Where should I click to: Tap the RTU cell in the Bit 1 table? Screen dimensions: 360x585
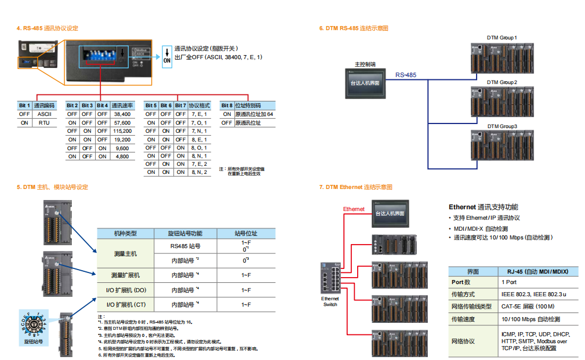pyautogui.click(x=44, y=123)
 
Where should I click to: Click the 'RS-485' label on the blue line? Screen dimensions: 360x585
pyautogui.click(x=406, y=75)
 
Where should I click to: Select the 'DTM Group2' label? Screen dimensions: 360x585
pyautogui.click(x=502, y=82)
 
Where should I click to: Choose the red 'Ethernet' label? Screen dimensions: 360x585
pyautogui.click(x=354, y=209)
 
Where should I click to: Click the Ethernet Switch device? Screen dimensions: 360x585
pyautogui.click(x=330, y=279)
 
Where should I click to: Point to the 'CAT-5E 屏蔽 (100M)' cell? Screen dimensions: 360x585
pyautogui.click(x=527, y=306)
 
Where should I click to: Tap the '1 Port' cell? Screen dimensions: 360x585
pyautogui.click(x=510, y=282)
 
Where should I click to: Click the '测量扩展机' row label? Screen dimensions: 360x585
pyautogui.click(x=125, y=275)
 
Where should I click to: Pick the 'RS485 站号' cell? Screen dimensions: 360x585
pyautogui.click(x=185, y=246)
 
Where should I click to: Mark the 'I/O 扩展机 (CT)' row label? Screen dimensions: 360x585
pyautogui.click(x=125, y=304)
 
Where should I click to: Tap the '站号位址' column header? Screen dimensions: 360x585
pyautogui.click(x=246, y=234)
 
